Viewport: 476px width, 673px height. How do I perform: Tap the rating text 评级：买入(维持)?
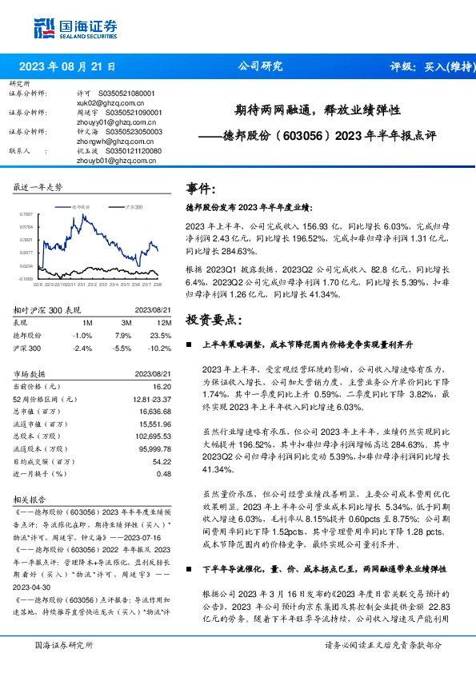[x=429, y=67]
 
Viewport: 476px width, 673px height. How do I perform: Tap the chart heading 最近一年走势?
[x=38, y=187]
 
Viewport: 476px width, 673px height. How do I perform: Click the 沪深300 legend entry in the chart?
[x=132, y=206]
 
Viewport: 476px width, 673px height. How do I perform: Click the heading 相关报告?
[x=31, y=498]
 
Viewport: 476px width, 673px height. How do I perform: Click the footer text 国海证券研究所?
[x=63, y=644]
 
